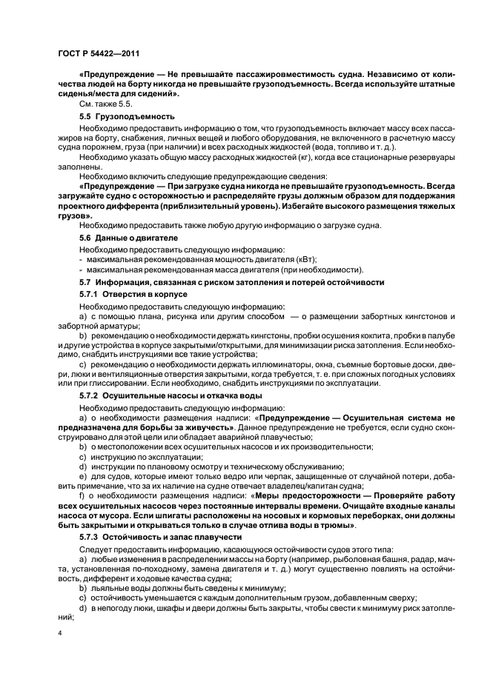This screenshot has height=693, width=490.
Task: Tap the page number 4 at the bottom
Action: coord(60,634)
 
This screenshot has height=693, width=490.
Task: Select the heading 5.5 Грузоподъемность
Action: coord(127,116)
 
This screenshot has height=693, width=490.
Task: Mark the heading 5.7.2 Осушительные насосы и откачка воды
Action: coord(168,396)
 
